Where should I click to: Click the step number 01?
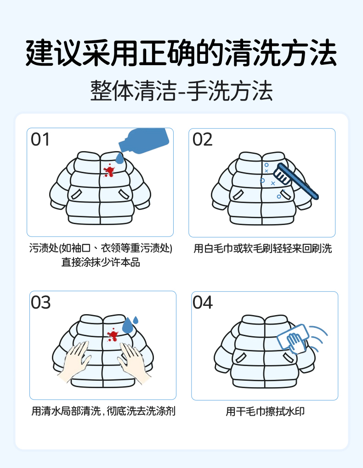coord(40,140)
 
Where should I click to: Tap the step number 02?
coord(203,140)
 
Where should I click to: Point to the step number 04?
coord(203,303)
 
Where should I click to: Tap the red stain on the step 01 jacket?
coord(109,171)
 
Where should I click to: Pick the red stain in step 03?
coord(112,335)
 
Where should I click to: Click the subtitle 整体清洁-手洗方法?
coord(181,90)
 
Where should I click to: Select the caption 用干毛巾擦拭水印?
coord(265,412)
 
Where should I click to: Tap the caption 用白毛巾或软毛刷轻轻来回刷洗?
coord(262,249)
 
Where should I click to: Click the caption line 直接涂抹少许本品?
coord(101,263)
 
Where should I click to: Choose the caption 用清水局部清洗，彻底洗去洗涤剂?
coord(103,411)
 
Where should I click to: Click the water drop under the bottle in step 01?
coord(120,158)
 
